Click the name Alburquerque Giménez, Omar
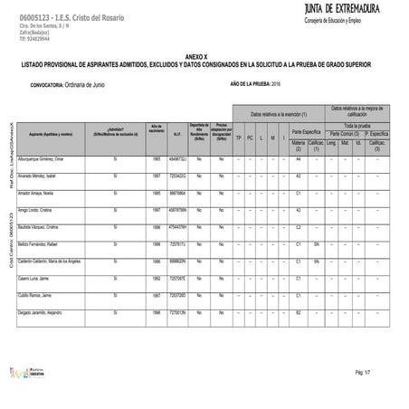click(x=51, y=158)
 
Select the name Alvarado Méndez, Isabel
click(x=45, y=176)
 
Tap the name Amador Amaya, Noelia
click(x=43, y=193)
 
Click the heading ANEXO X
click(x=204, y=55)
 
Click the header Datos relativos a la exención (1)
click(x=279, y=114)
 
